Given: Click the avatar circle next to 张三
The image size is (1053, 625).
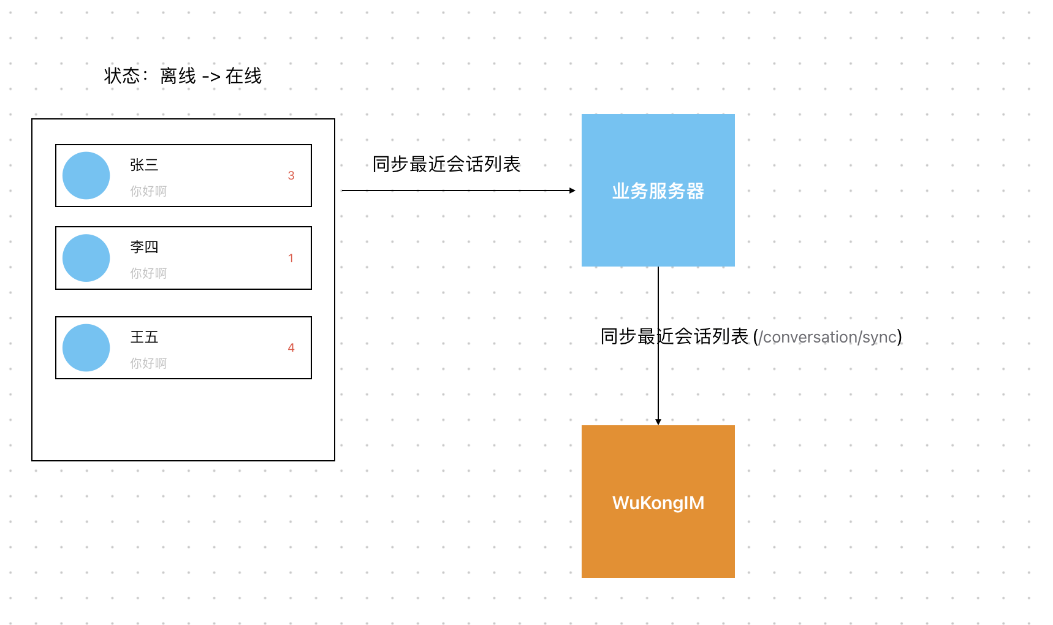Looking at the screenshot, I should [x=86, y=176].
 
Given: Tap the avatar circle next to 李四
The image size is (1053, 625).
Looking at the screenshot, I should [x=86, y=258].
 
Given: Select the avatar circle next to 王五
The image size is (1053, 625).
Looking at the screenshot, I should [x=86, y=347].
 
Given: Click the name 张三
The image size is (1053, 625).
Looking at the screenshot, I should [x=144, y=165].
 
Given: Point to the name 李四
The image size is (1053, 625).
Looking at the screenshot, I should [x=144, y=247].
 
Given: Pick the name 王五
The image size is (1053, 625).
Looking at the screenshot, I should [x=144, y=337].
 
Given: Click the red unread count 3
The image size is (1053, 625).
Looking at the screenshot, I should [x=291, y=176].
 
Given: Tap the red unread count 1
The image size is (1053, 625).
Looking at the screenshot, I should [x=291, y=258].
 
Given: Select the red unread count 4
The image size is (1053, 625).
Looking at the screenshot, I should [x=291, y=347].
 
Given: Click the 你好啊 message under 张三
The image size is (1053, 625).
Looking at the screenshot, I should [x=148, y=191].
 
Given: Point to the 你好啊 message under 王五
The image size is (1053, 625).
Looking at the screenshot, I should [x=148, y=363].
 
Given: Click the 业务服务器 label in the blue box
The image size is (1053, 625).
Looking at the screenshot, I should [x=658, y=191].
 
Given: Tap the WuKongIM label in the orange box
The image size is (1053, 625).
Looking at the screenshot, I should [x=658, y=503].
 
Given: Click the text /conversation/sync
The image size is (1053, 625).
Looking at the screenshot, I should [x=827, y=337].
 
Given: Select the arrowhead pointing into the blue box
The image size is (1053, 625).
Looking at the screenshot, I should [x=572, y=191].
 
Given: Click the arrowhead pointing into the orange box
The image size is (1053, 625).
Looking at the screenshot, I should [x=658, y=422].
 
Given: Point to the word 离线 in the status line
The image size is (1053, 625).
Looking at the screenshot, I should [x=178, y=76].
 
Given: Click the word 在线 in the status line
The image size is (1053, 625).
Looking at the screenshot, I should [x=243, y=76].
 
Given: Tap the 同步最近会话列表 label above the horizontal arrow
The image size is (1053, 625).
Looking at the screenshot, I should [x=446, y=164].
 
